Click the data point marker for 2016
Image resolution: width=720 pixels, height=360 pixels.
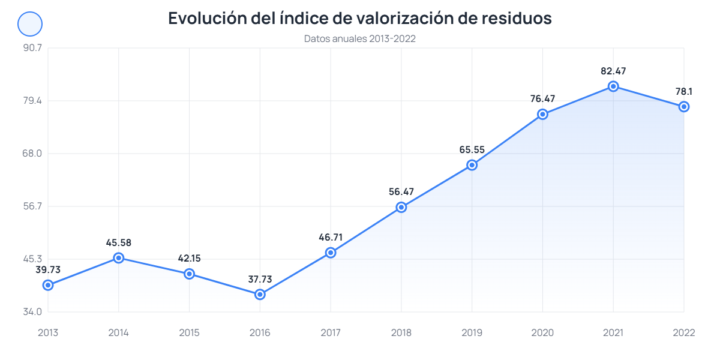click(x=260, y=295)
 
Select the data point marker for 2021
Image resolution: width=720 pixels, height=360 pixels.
click(x=613, y=86)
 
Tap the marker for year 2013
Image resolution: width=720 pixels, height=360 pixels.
click(x=48, y=285)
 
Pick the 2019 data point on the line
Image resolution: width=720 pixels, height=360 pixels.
click(x=472, y=165)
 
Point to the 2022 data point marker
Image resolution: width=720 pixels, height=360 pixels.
click(x=683, y=107)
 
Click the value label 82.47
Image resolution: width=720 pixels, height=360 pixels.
click(x=613, y=71)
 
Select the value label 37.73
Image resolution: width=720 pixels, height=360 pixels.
click(x=260, y=280)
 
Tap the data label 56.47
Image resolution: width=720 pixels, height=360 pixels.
click(x=401, y=192)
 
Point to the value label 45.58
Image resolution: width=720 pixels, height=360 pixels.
click(x=119, y=243)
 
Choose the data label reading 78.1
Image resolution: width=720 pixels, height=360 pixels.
click(x=683, y=92)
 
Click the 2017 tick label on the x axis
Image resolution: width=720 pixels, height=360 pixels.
click(x=331, y=333)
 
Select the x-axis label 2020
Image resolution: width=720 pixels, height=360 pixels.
click(x=542, y=333)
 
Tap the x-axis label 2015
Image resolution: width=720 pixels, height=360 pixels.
click(x=189, y=333)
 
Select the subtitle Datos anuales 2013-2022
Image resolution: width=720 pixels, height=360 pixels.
click(x=360, y=39)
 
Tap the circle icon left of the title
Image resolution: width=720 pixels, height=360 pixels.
click(x=30, y=24)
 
